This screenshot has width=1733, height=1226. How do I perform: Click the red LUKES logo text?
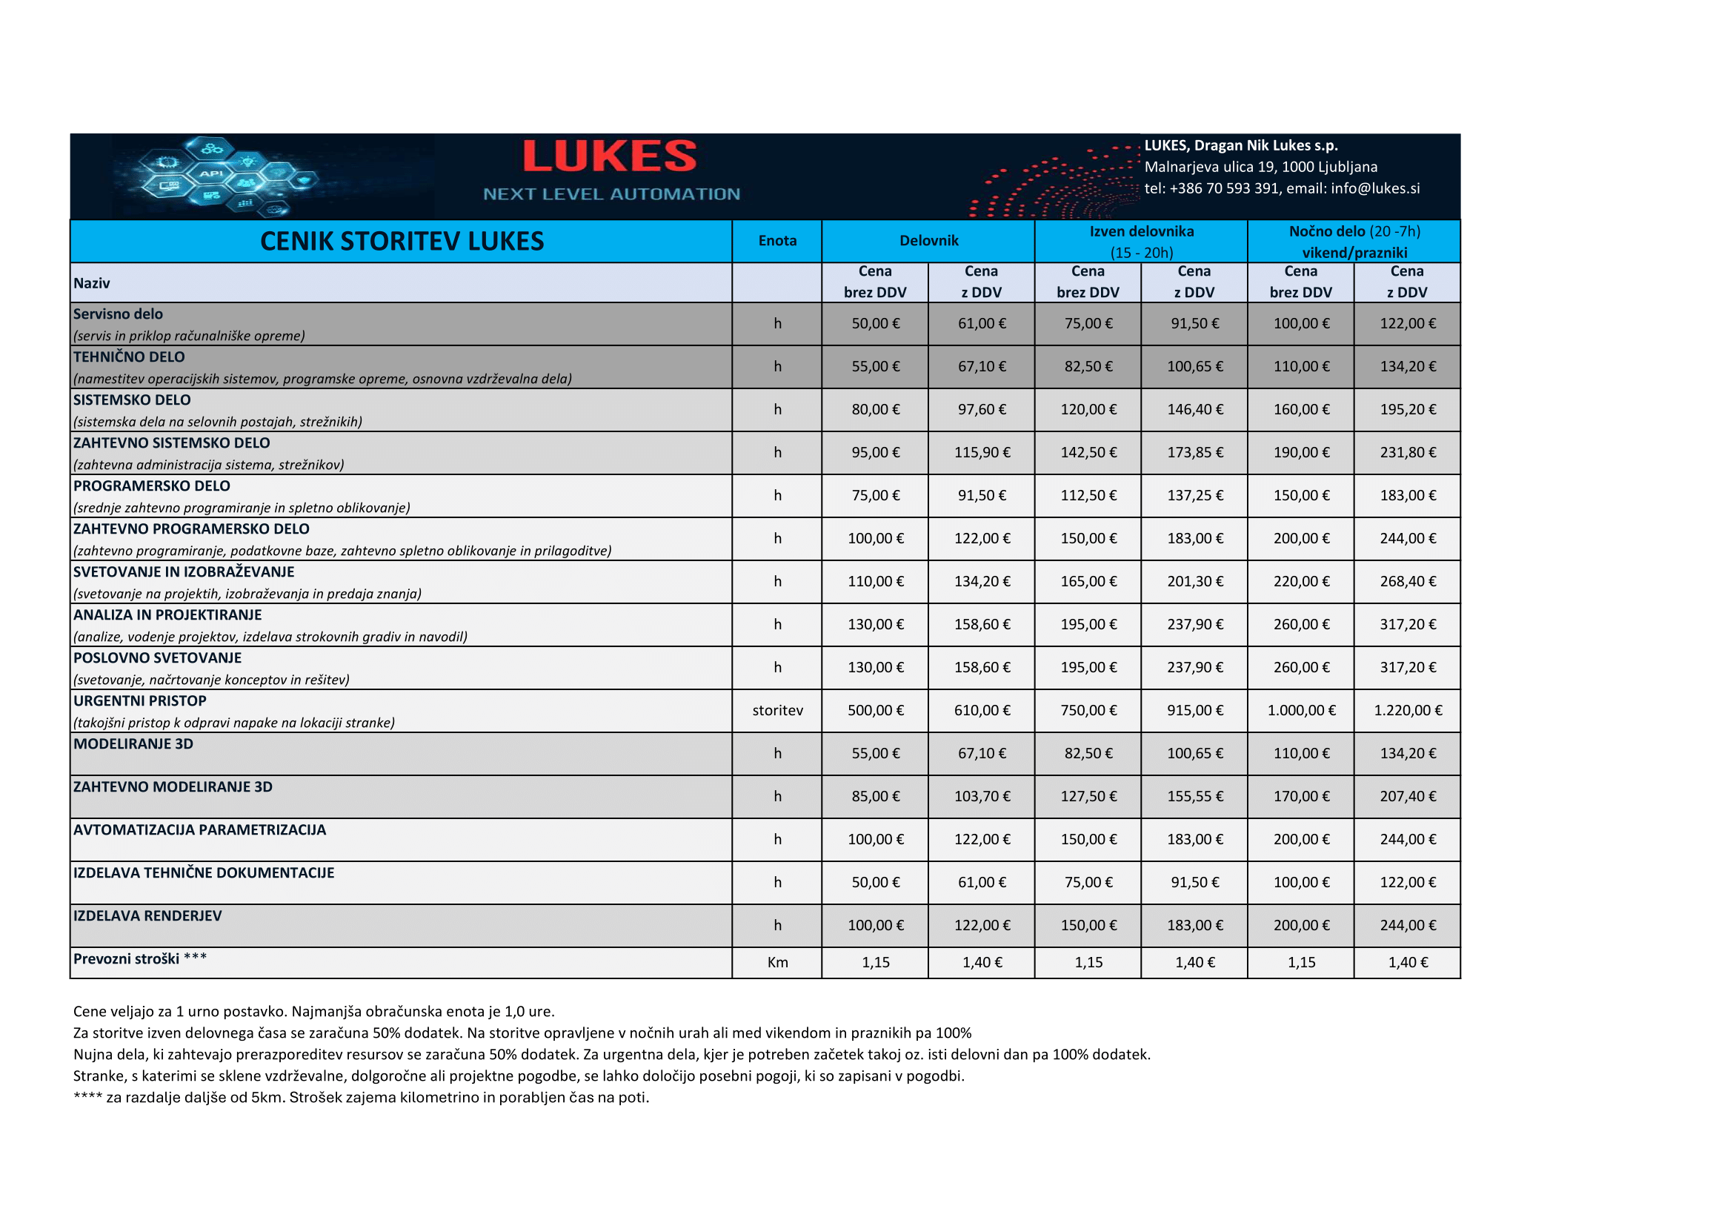click(609, 156)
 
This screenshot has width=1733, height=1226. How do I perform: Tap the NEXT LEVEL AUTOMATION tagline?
click(611, 194)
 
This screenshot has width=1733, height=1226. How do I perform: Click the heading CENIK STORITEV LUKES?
click(402, 241)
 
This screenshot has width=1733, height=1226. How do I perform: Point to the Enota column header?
click(777, 241)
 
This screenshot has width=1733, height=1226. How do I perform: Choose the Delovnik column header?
click(928, 241)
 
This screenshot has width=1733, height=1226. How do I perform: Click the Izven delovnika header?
click(1141, 232)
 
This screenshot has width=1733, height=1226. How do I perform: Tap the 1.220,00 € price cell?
click(1408, 710)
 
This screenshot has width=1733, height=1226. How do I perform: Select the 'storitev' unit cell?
click(777, 710)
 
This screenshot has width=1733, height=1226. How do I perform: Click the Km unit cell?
click(777, 963)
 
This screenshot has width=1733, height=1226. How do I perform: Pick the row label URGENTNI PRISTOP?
click(139, 700)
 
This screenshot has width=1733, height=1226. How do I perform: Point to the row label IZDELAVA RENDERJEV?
click(147, 915)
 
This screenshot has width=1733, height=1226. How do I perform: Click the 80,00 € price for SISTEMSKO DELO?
click(876, 409)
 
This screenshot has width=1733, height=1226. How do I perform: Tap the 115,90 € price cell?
click(982, 452)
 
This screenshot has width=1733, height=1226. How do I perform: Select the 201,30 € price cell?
click(1195, 581)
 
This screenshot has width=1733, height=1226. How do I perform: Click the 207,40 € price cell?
click(1408, 796)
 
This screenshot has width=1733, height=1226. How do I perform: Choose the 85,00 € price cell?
click(876, 796)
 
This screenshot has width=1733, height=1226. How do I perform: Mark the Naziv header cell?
click(91, 283)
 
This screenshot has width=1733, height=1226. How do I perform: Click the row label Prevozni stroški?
click(126, 958)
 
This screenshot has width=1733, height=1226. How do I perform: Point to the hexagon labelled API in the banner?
click(211, 173)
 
